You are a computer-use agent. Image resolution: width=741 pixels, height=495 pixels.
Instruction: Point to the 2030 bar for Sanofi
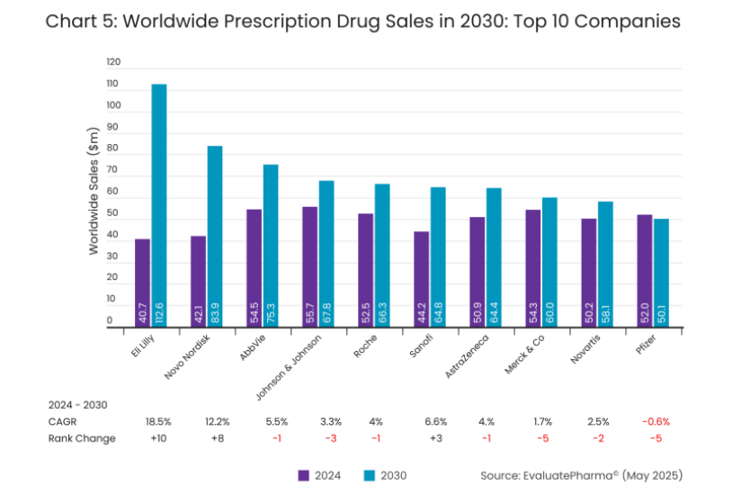coord(438,257)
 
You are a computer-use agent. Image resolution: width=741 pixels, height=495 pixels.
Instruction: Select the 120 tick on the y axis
coord(112,63)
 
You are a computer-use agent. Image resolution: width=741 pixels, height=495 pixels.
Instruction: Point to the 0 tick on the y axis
coord(110,320)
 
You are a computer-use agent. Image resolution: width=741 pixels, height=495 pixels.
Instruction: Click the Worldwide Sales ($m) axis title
coord(94,191)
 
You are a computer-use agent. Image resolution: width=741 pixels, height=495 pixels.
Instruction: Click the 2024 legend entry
coord(318,474)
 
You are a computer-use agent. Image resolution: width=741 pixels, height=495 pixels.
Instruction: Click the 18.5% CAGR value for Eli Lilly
coord(158,421)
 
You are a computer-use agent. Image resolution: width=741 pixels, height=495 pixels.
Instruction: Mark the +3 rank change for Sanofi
coord(438,438)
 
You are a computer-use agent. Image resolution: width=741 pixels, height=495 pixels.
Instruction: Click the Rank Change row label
coord(83,438)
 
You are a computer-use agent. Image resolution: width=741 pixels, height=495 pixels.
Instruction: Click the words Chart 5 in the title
coord(80,21)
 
